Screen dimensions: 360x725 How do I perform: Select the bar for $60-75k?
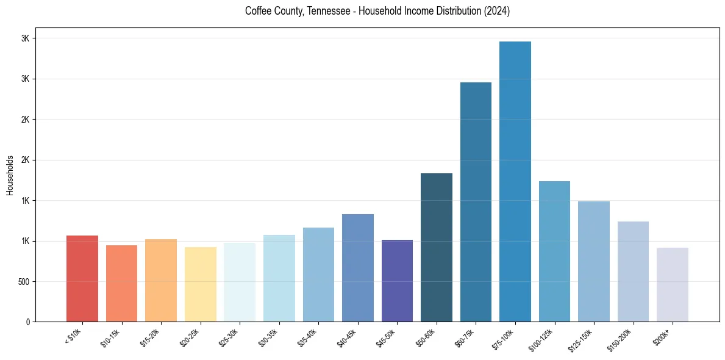[x=476, y=202]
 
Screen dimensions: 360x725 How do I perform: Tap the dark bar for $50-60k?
[x=437, y=248]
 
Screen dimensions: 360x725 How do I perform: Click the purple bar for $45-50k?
[x=397, y=281]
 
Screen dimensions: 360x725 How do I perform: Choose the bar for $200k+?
[x=673, y=285]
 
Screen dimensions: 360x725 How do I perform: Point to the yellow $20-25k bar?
[x=201, y=284]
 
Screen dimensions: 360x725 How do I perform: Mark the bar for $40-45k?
[x=358, y=268]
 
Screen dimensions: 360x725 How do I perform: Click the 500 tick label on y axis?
[x=23, y=282]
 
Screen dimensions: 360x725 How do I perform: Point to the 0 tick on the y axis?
[x=27, y=322]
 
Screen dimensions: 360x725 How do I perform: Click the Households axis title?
[x=10, y=175]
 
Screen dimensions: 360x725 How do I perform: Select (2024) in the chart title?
[x=496, y=12]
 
